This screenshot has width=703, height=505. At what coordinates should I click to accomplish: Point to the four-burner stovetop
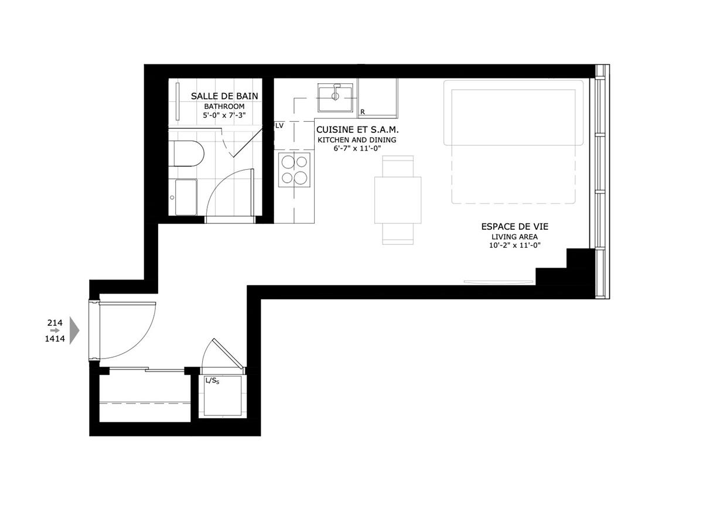(x=295, y=169)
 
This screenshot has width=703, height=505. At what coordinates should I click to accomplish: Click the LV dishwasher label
(x=279, y=125)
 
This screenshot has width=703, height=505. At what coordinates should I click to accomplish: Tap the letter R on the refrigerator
(x=363, y=111)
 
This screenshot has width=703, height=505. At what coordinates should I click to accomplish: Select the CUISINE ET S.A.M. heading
(x=357, y=129)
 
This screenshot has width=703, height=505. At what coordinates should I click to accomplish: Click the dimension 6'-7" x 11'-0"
(x=357, y=149)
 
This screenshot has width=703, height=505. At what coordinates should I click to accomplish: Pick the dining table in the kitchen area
(x=398, y=200)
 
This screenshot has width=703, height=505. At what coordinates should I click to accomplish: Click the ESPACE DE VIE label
(x=515, y=226)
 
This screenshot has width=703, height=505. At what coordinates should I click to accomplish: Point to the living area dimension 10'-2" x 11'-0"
(x=515, y=245)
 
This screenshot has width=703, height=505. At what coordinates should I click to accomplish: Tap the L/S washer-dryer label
(x=211, y=381)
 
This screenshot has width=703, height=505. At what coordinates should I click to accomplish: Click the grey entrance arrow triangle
(x=74, y=330)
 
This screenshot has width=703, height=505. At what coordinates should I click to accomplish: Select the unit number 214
(x=55, y=322)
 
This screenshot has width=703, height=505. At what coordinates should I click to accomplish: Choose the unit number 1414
(x=55, y=339)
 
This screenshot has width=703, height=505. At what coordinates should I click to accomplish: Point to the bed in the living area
(x=513, y=141)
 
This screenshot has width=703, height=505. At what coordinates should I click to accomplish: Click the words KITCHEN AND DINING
(x=357, y=140)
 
